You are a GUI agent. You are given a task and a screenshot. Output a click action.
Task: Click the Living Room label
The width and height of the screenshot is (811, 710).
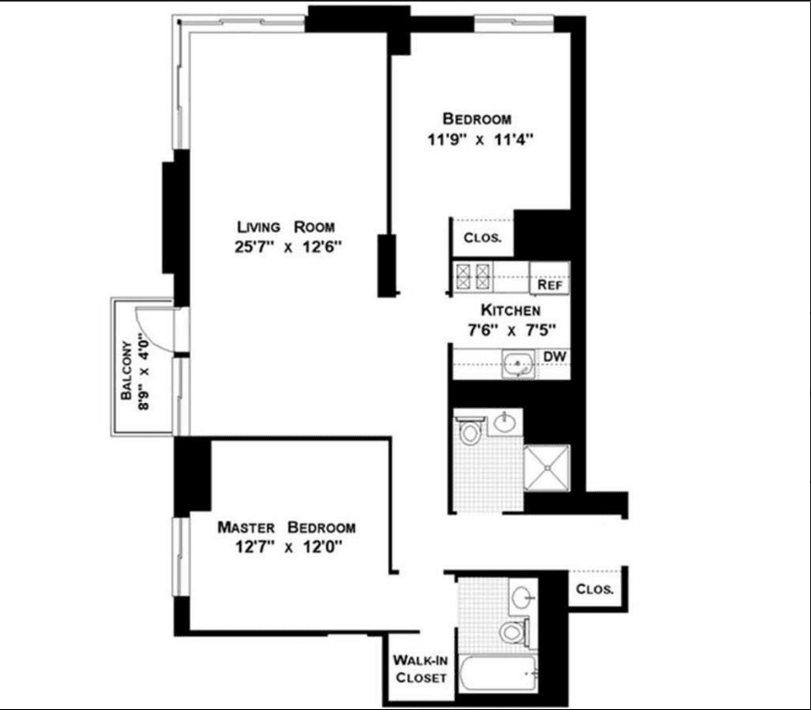coord(285,227)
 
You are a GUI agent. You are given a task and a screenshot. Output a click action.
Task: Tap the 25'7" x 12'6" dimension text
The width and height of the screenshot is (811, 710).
coord(288,247)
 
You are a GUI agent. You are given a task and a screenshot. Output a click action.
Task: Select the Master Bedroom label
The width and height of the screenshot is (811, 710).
coord(286,527)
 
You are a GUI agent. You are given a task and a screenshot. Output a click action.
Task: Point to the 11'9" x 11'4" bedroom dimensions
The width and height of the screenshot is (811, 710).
coord(480,140)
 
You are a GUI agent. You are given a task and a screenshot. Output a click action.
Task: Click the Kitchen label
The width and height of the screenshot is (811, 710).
coord(511,311)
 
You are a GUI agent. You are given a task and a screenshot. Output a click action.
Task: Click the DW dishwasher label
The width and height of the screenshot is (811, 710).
coord(554,356)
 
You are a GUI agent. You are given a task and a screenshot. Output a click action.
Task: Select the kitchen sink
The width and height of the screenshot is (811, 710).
coord(518,363)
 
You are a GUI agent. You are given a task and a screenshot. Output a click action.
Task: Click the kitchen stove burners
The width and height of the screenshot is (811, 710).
coord(473,276)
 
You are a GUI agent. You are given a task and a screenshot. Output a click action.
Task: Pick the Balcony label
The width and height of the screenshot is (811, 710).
coord(126,370)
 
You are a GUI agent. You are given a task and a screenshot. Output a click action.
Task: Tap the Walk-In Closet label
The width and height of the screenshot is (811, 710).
coord(420,668)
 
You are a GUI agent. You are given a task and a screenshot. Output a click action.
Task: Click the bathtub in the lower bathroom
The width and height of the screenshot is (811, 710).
coord(498,673)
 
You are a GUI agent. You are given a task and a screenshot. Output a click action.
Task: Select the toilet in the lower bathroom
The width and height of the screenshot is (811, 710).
coord(515,631)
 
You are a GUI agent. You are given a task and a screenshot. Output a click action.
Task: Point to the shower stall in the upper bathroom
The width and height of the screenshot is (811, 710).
coord(547,468)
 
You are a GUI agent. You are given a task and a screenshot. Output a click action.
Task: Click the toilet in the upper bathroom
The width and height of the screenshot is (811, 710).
coord(470,429)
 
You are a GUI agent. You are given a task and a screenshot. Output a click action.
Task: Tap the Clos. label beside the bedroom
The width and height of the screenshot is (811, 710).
coord(483,238)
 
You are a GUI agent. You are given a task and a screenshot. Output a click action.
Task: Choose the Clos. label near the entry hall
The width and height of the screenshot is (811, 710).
coord(595,589)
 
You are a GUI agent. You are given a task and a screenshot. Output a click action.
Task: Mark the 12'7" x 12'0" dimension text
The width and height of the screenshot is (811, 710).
coord(288,547)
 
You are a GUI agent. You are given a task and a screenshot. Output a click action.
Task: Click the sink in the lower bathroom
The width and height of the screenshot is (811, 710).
coord(523,597)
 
